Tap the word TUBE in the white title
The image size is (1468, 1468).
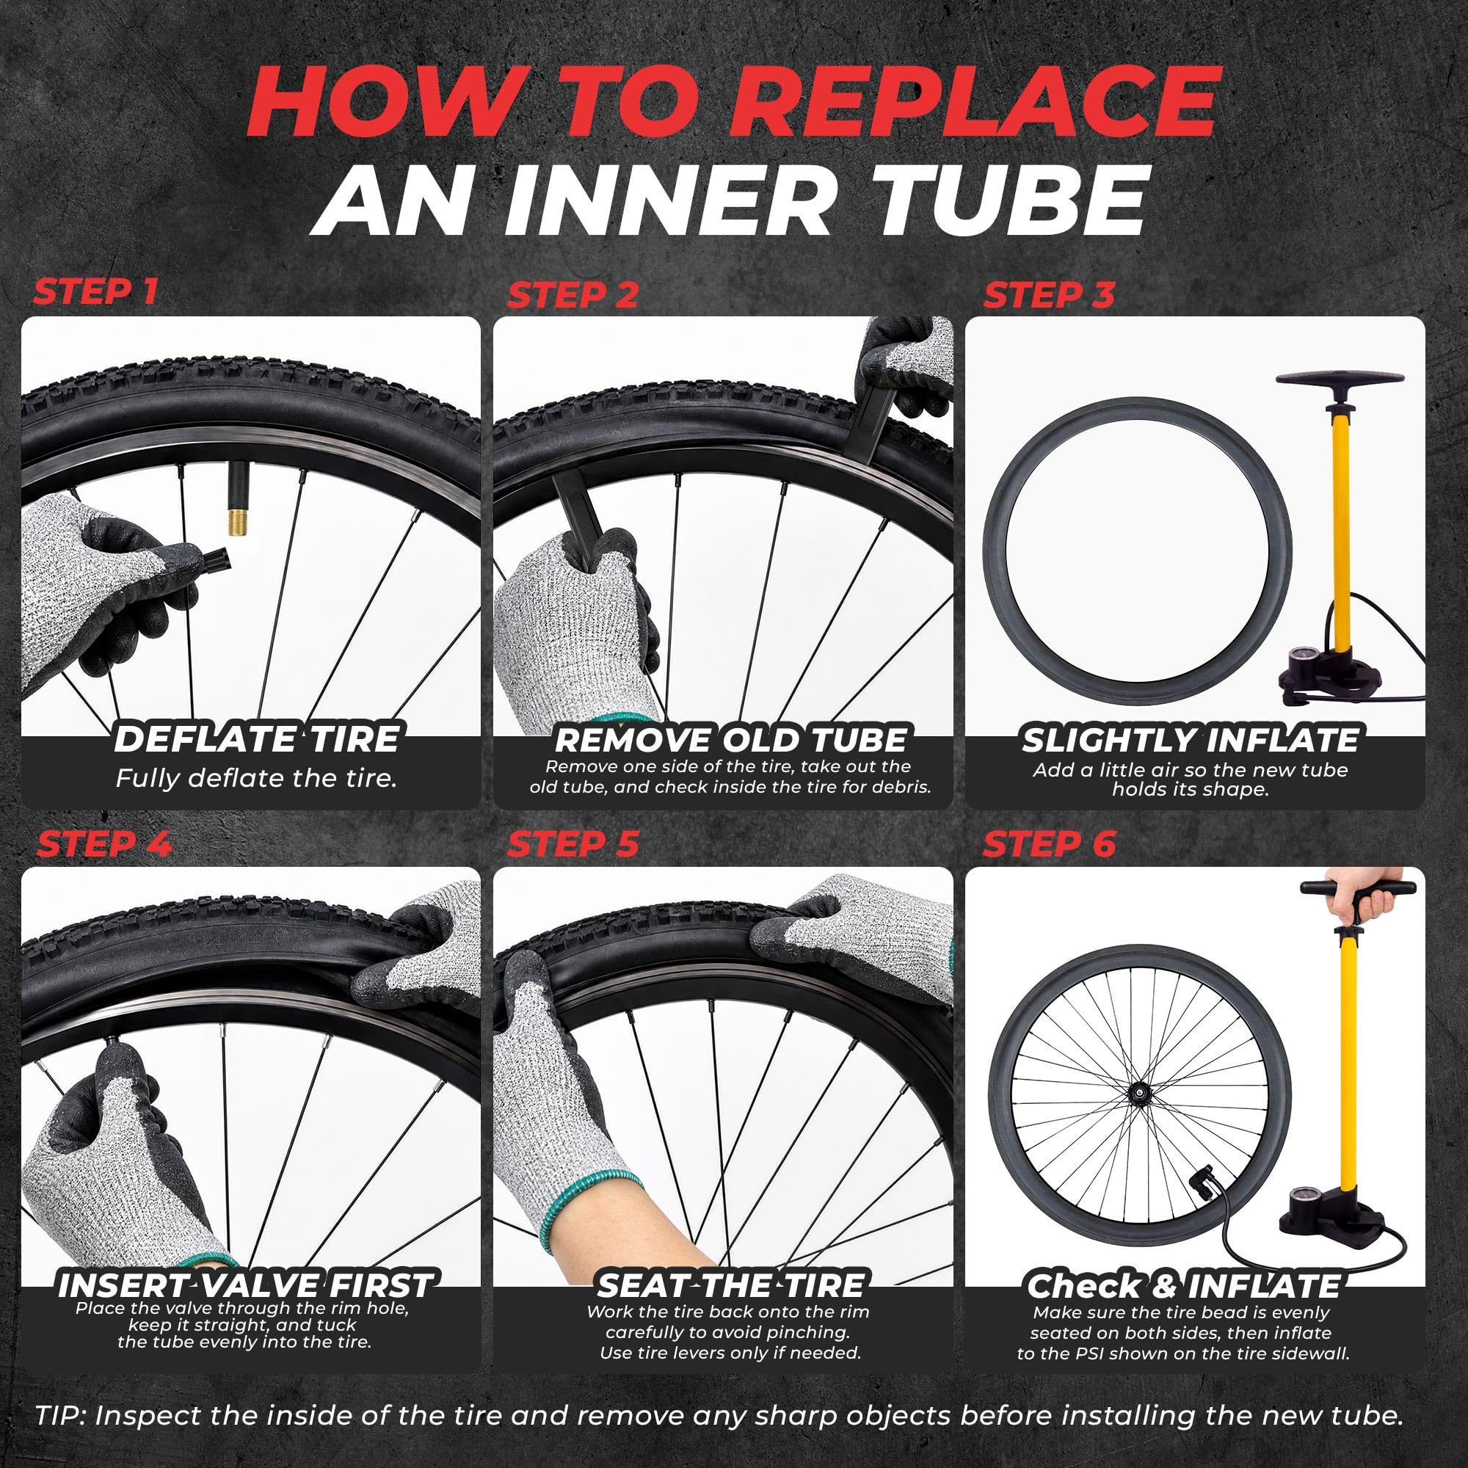click(995, 200)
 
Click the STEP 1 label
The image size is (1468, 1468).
click(95, 291)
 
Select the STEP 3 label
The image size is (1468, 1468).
click(1049, 296)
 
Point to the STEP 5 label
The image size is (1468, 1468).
click(573, 844)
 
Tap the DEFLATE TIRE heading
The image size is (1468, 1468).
click(257, 739)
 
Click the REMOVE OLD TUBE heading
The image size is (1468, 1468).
click(730, 740)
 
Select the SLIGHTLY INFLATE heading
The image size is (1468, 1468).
click(1190, 740)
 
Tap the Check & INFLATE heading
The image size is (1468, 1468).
click(1184, 1286)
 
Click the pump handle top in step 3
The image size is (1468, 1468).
click(1340, 379)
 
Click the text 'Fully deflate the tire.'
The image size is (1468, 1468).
click(257, 778)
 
